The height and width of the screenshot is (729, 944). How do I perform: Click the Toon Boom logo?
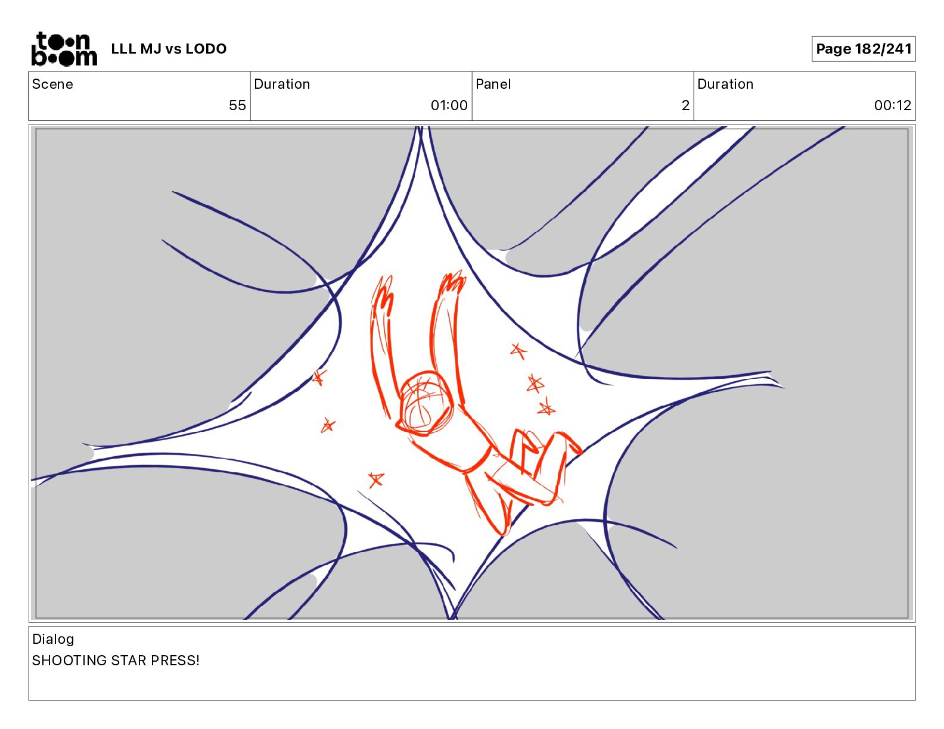[x=64, y=49]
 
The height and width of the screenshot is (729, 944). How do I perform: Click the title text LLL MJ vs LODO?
[x=169, y=49]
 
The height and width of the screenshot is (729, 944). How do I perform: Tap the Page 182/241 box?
[x=863, y=49]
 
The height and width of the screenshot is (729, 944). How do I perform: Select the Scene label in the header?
[x=52, y=84]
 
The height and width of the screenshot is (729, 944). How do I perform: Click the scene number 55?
[x=237, y=105]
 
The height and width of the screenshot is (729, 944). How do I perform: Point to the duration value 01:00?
[x=449, y=105]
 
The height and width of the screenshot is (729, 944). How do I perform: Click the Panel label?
[x=493, y=84]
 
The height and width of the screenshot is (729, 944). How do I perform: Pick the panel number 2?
[x=685, y=105]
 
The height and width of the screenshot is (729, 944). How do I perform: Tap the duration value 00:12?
[x=892, y=105]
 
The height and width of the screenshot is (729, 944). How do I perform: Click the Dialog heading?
[x=53, y=638]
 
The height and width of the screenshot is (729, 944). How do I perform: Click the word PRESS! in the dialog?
[x=175, y=660]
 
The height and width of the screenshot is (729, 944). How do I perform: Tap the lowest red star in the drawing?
[x=376, y=480]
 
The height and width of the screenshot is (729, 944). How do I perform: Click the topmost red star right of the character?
[x=518, y=350]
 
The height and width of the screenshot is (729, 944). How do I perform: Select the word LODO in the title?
[x=206, y=49]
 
